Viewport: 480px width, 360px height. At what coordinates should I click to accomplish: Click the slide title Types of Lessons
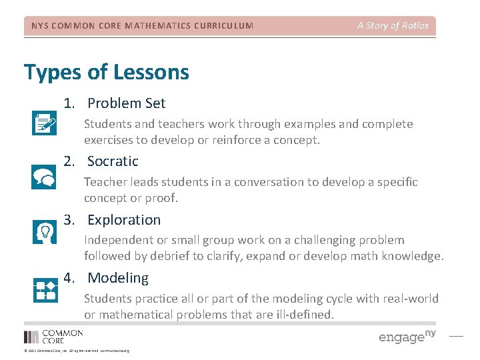point(107,72)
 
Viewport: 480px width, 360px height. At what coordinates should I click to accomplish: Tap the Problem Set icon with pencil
point(45,123)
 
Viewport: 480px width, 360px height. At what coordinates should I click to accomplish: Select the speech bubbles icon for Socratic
point(45,177)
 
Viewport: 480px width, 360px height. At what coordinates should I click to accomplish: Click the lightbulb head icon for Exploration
point(45,231)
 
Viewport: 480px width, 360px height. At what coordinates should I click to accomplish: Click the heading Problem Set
point(126,103)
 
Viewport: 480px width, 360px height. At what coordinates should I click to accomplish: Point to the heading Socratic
point(113,161)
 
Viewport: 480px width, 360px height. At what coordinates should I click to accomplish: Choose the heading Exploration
point(124,220)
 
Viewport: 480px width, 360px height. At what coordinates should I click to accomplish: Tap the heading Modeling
point(118,278)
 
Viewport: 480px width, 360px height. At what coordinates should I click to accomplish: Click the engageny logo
point(407,336)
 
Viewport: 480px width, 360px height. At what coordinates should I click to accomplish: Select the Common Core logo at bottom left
point(53,337)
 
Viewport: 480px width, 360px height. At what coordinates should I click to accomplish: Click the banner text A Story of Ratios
point(393,26)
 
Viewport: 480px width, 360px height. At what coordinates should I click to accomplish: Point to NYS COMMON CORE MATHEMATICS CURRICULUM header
point(143,26)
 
